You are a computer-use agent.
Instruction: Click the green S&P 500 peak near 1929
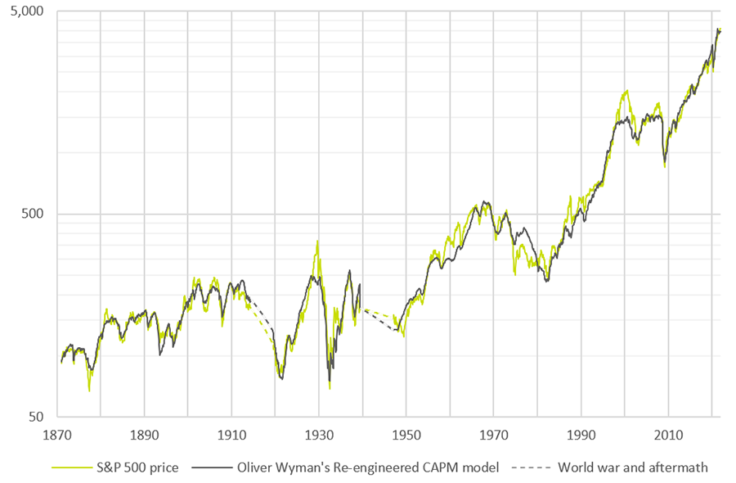click(317, 241)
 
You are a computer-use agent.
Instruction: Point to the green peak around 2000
click(626, 91)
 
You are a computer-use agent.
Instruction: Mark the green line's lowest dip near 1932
click(330, 388)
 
